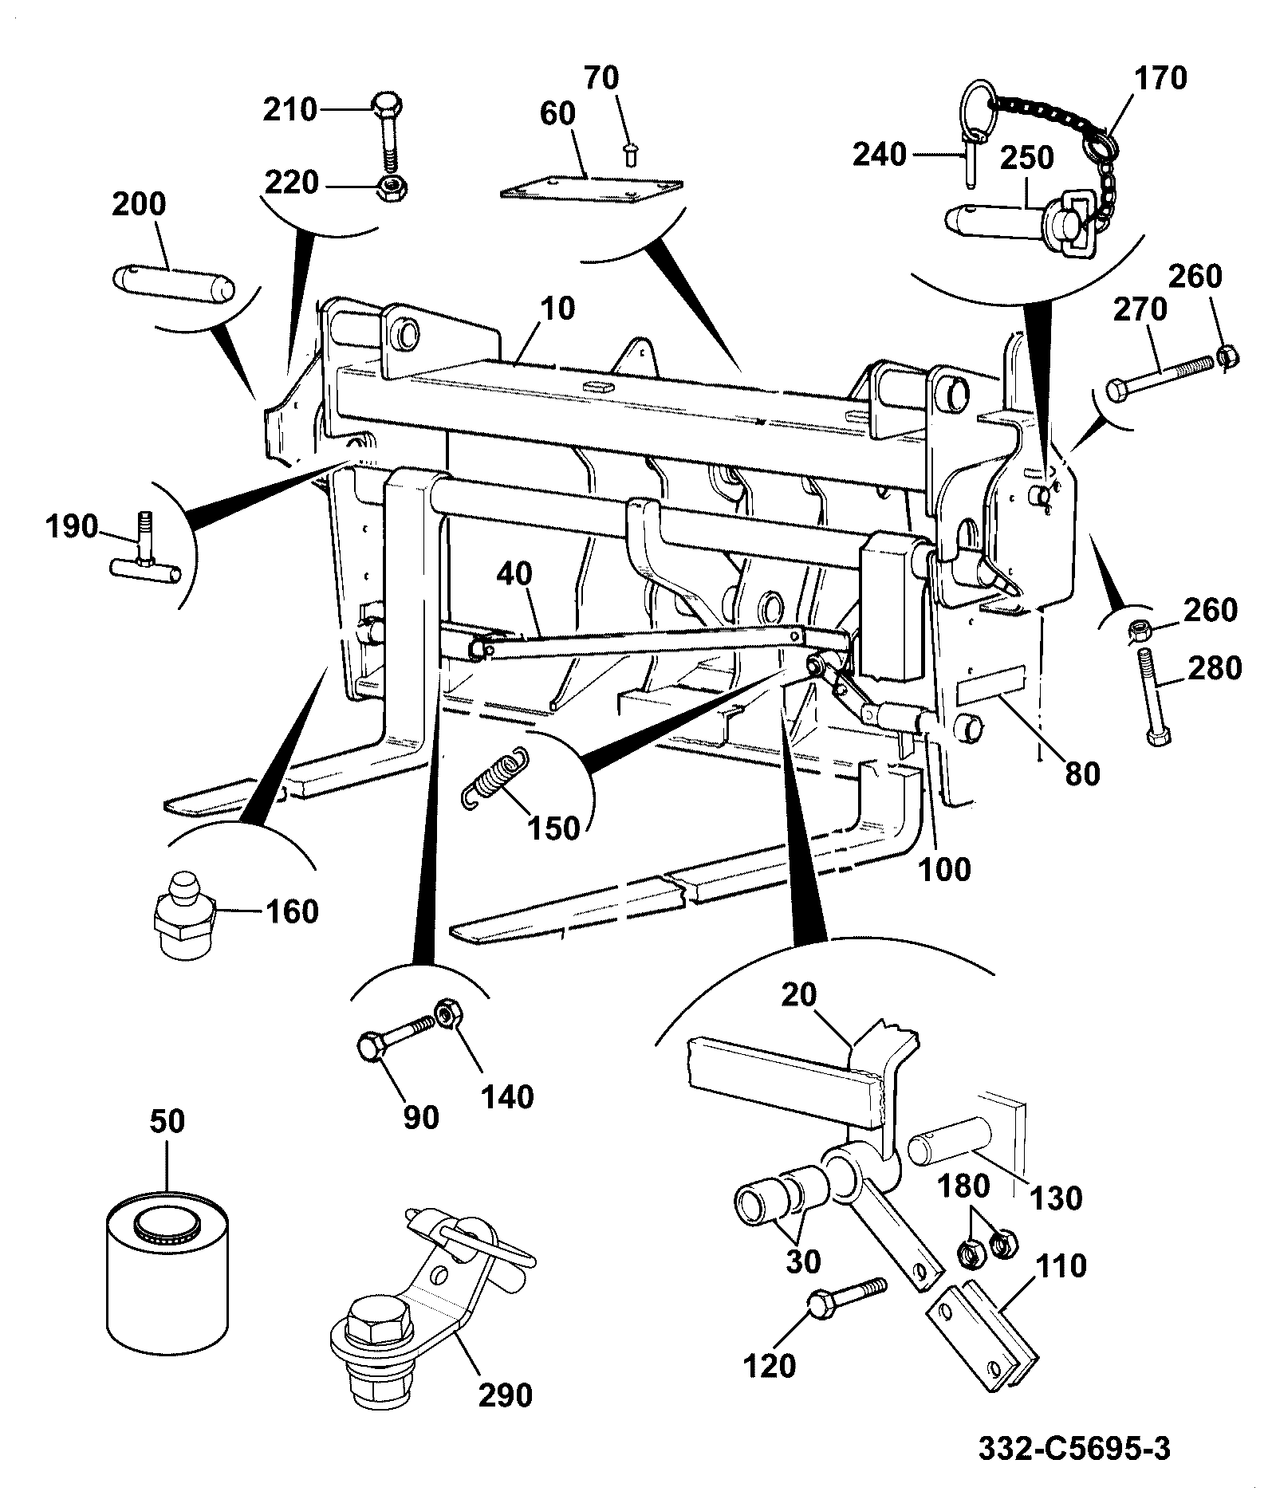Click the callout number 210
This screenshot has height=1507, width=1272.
click(290, 110)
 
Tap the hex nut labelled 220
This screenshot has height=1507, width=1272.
click(391, 189)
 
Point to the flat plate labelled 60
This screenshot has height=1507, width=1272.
click(591, 189)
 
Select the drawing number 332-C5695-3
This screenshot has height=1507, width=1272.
click(1074, 1448)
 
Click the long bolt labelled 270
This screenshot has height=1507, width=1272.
click(1161, 378)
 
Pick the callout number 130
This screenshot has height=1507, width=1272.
click(1057, 1198)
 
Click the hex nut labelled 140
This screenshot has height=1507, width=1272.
click(445, 1013)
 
